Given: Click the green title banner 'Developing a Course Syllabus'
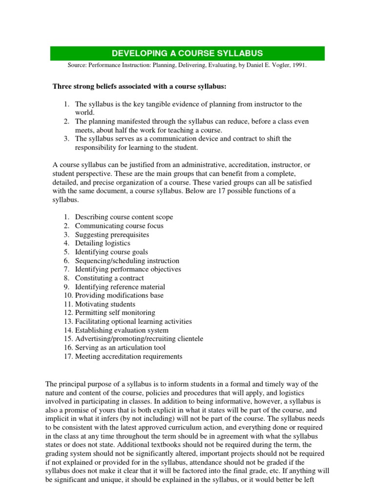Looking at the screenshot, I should (187, 53).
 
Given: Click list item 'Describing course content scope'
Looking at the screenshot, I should (124, 217).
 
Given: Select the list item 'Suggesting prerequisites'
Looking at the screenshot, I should (112, 234).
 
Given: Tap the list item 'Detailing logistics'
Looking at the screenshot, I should (103, 243).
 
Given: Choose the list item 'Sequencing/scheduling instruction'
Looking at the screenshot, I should (127, 261).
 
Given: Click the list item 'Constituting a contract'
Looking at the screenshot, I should (109, 278).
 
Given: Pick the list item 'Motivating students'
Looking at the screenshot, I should (105, 304).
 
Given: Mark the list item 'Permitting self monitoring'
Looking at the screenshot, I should (115, 313).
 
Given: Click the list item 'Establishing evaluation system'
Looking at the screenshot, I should (122, 331).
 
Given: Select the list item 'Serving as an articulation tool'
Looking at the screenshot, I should (120, 348).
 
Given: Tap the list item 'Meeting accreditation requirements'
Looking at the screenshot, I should (128, 356).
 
